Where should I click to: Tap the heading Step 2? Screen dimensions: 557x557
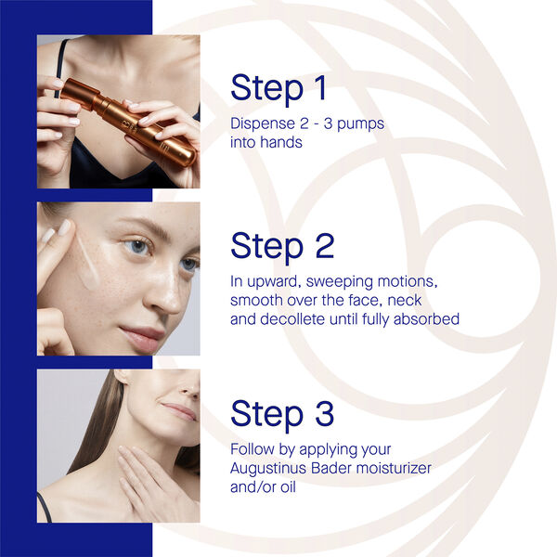coord(281,246)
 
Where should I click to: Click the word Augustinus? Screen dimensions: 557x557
coord(272,468)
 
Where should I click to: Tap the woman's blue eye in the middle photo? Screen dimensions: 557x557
coord(136,248)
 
